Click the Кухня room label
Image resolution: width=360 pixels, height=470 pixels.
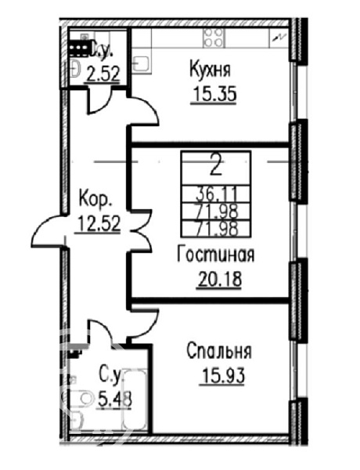211,69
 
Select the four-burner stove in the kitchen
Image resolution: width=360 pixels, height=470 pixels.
213,38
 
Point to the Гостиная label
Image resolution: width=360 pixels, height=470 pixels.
216,255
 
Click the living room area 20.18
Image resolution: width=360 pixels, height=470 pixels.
219,279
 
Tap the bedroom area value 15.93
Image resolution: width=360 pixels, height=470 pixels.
223,375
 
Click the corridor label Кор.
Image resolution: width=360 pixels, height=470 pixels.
95,199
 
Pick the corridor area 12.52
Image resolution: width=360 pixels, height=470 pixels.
99,223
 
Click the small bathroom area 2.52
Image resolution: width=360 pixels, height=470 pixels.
103,74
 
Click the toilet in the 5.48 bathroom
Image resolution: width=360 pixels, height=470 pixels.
80,399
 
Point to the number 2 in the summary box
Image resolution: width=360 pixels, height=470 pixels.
216,168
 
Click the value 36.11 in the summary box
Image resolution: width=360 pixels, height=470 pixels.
216,194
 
